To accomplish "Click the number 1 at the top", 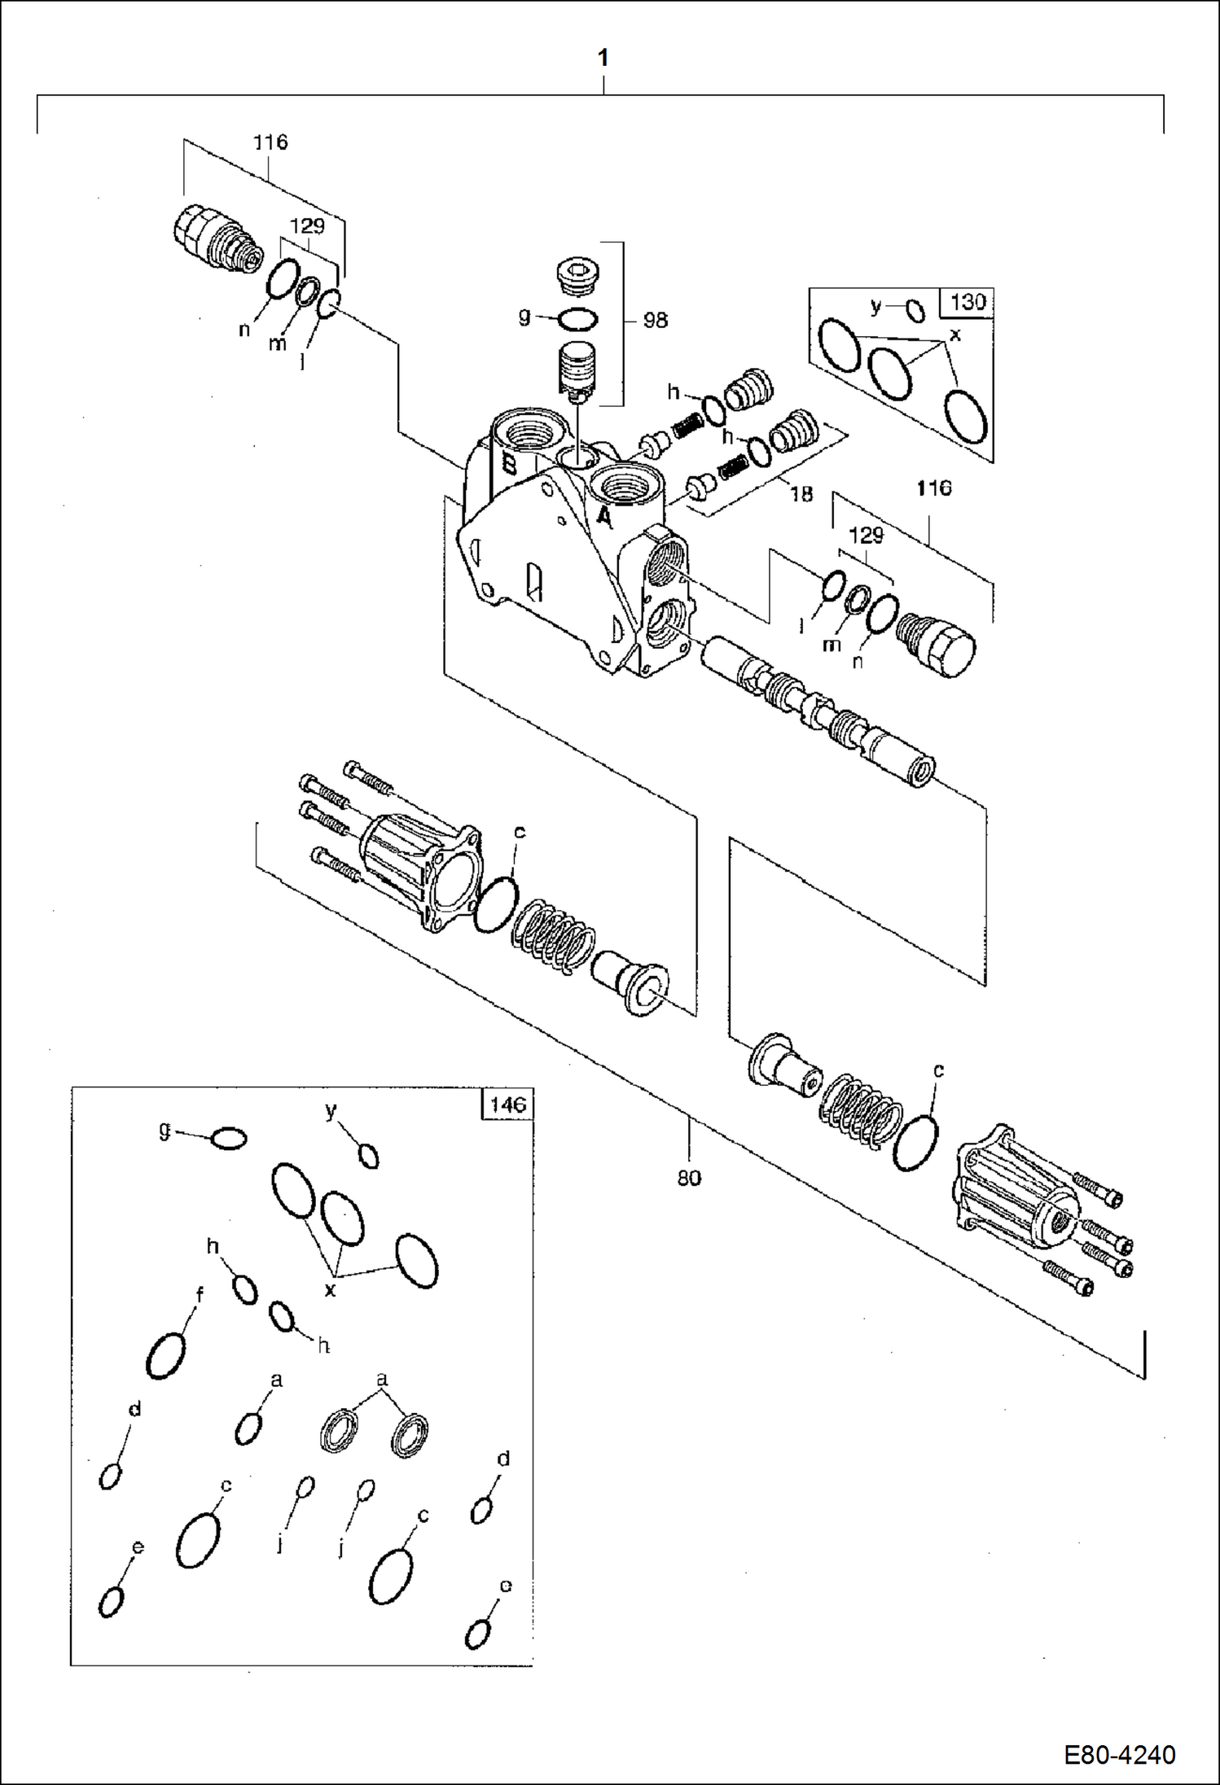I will click(x=603, y=58).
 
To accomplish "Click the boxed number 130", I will click(x=968, y=302).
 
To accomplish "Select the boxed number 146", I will click(x=507, y=1105).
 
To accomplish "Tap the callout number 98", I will click(x=655, y=321).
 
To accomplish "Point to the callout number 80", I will click(x=689, y=1178).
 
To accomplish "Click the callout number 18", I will click(x=801, y=494).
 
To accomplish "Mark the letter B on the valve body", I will click(x=509, y=465).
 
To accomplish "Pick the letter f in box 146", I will click(x=200, y=1294).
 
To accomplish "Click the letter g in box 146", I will click(x=165, y=1129).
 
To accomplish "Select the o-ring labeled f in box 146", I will click(x=165, y=1355).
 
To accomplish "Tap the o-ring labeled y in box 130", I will click(x=915, y=311).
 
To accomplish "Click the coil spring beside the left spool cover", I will click(x=553, y=936).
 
